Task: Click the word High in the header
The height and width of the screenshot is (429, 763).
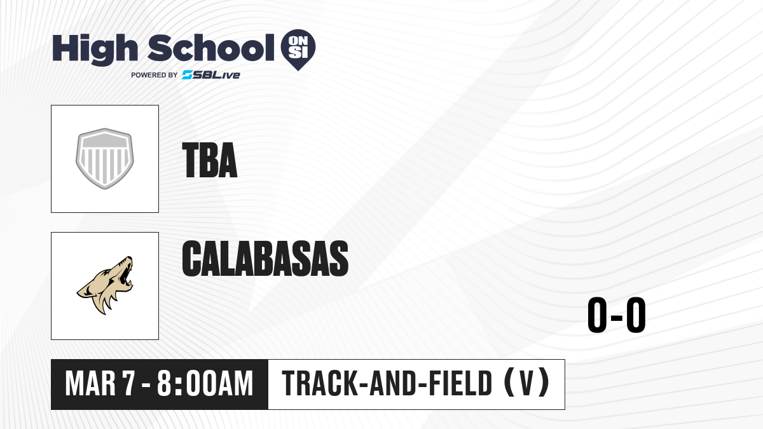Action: coord(95,50)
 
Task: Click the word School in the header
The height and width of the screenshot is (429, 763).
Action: coord(211,47)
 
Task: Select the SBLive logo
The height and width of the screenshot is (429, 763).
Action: coord(211,75)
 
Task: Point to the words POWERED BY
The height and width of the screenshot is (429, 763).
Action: coord(155,75)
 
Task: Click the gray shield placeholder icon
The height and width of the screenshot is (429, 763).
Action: coord(104,159)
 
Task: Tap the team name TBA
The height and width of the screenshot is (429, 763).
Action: coord(209,160)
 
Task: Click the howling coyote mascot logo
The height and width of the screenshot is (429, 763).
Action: coord(105,285)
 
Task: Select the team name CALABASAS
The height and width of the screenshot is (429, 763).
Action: coord(265,258)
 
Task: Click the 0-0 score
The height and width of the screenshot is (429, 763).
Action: coord(617,315)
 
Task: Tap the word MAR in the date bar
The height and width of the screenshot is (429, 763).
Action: coord(90,383)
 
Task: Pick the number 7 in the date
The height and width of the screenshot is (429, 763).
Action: coord(129,383)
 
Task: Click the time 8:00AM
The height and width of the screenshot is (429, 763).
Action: coord(205,383)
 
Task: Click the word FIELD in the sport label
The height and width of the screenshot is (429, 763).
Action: coord(460,383)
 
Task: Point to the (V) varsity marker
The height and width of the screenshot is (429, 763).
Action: coord(526,383)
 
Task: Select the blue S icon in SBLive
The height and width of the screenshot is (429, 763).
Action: coord(188,75)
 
